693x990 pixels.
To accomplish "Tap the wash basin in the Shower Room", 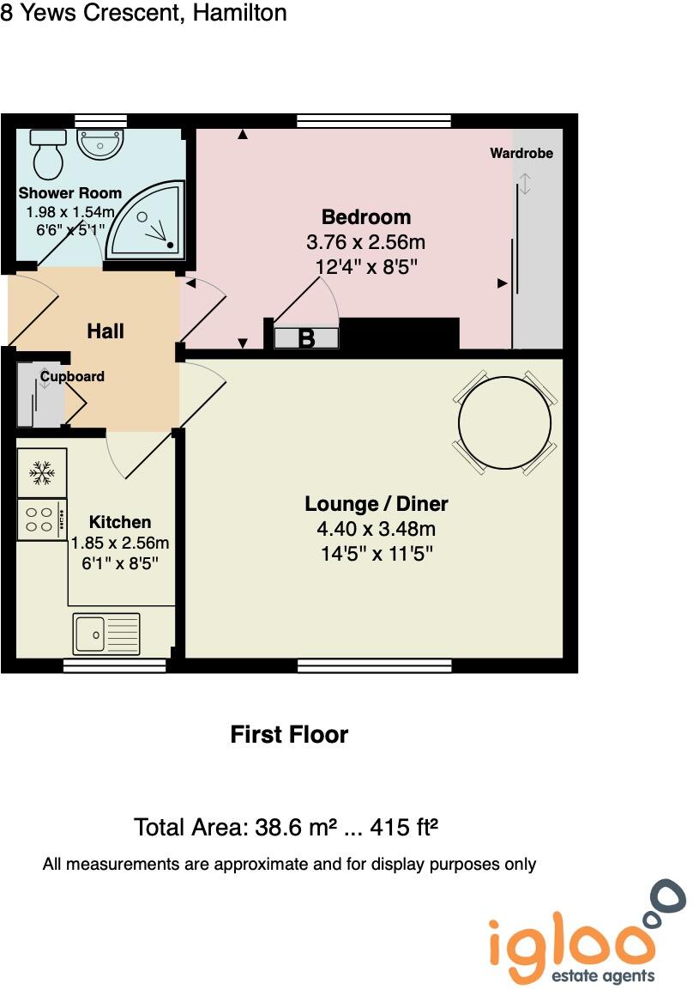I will point(102,143).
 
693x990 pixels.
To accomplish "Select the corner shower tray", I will point(148,222).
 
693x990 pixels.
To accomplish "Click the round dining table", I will point(504,422).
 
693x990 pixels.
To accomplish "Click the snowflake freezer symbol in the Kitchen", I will point(40,471).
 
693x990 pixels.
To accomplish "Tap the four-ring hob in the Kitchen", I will point(41,519).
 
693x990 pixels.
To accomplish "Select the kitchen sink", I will point(105,633).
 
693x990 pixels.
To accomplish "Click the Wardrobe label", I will point(521,154).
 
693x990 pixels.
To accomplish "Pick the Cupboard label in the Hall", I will point(72,376).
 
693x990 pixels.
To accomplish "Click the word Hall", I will point(105,331).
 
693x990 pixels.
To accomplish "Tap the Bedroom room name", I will point(366,217).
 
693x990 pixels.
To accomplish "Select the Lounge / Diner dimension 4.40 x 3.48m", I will point(377,529).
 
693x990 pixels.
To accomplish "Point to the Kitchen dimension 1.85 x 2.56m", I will point(120,543).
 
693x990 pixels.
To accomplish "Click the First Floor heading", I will point(289,735).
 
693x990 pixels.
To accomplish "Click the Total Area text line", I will point(286,828).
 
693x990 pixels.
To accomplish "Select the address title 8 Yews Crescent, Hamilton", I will point(143,13).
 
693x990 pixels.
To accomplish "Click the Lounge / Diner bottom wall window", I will point(374,665).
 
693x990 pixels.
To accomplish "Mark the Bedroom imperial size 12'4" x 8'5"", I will point(366,267).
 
